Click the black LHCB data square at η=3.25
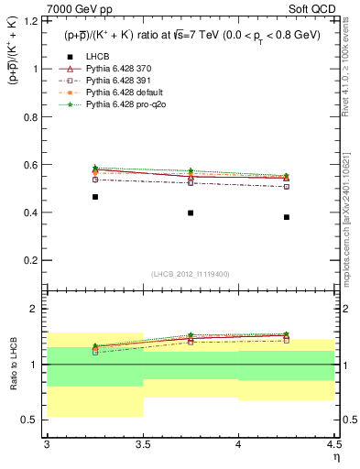click(x=95, y=197)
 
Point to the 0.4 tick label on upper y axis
click(x=34, y=213)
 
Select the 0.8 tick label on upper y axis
click(x=34, y=116)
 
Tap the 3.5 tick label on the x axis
click(x=143, y=444)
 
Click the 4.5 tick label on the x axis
click(x=333, y=444)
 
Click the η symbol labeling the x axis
click(x=335, y=457)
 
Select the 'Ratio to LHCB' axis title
click(x=12, y=365)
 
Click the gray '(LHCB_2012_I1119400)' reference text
click(x=191, y=274)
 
